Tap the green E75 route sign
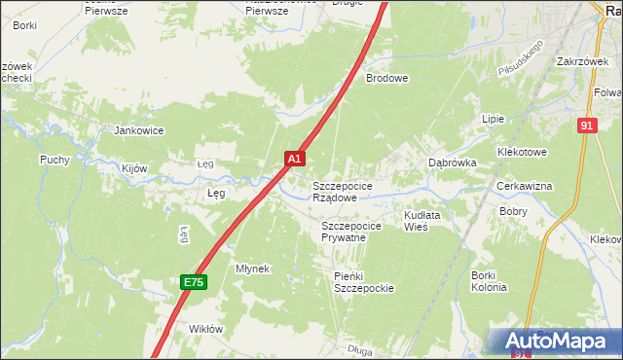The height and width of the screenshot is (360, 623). pos(193,282)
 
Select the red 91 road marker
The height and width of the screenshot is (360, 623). pos(586,126)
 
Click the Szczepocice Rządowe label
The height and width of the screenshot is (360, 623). pos(341,191)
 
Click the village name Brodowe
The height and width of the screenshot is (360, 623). pos(386,79)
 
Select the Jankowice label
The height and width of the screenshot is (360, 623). pos(139,130)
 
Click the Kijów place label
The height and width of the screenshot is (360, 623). pos(134,168)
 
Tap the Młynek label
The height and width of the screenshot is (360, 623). pos(252,269)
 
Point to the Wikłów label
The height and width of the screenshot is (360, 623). pos(205,329)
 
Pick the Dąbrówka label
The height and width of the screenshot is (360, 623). pos(453,163)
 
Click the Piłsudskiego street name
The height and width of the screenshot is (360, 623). pos(518,60)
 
